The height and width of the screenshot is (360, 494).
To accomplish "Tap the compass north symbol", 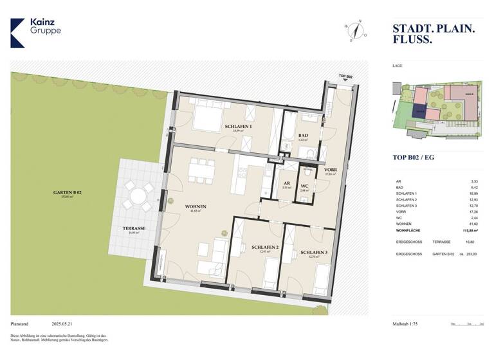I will pyautogui.click(x=354, y=30).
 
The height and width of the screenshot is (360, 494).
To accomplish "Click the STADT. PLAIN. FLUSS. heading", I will pyautogui.click(x=434, y=34).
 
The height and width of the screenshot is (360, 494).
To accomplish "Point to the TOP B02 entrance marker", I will pyautogui.click(x=345, y=77).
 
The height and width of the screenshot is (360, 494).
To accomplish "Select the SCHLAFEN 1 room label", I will pyautogui.click(x=239, y=127).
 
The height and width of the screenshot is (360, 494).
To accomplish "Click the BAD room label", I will pyautogui.click(x=302, y=136).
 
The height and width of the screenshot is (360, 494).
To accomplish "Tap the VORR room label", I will pyautogui.click(x=331, y=170).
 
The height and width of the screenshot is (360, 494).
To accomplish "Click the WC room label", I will pyautogui.click(x=304, y=187).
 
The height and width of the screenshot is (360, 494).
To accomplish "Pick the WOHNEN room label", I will pyautogui.click(x=195, y=207).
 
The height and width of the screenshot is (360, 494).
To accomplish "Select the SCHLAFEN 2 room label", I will pyautogui.click(x=264, y=248).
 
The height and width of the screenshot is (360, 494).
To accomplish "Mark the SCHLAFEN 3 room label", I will pyautogui.click(x=313, y=253).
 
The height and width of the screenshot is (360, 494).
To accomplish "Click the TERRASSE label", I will pyautogui.click(x=134, y=228).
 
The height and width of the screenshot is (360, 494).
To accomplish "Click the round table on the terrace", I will pyautogui.click(x=139, y=196).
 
